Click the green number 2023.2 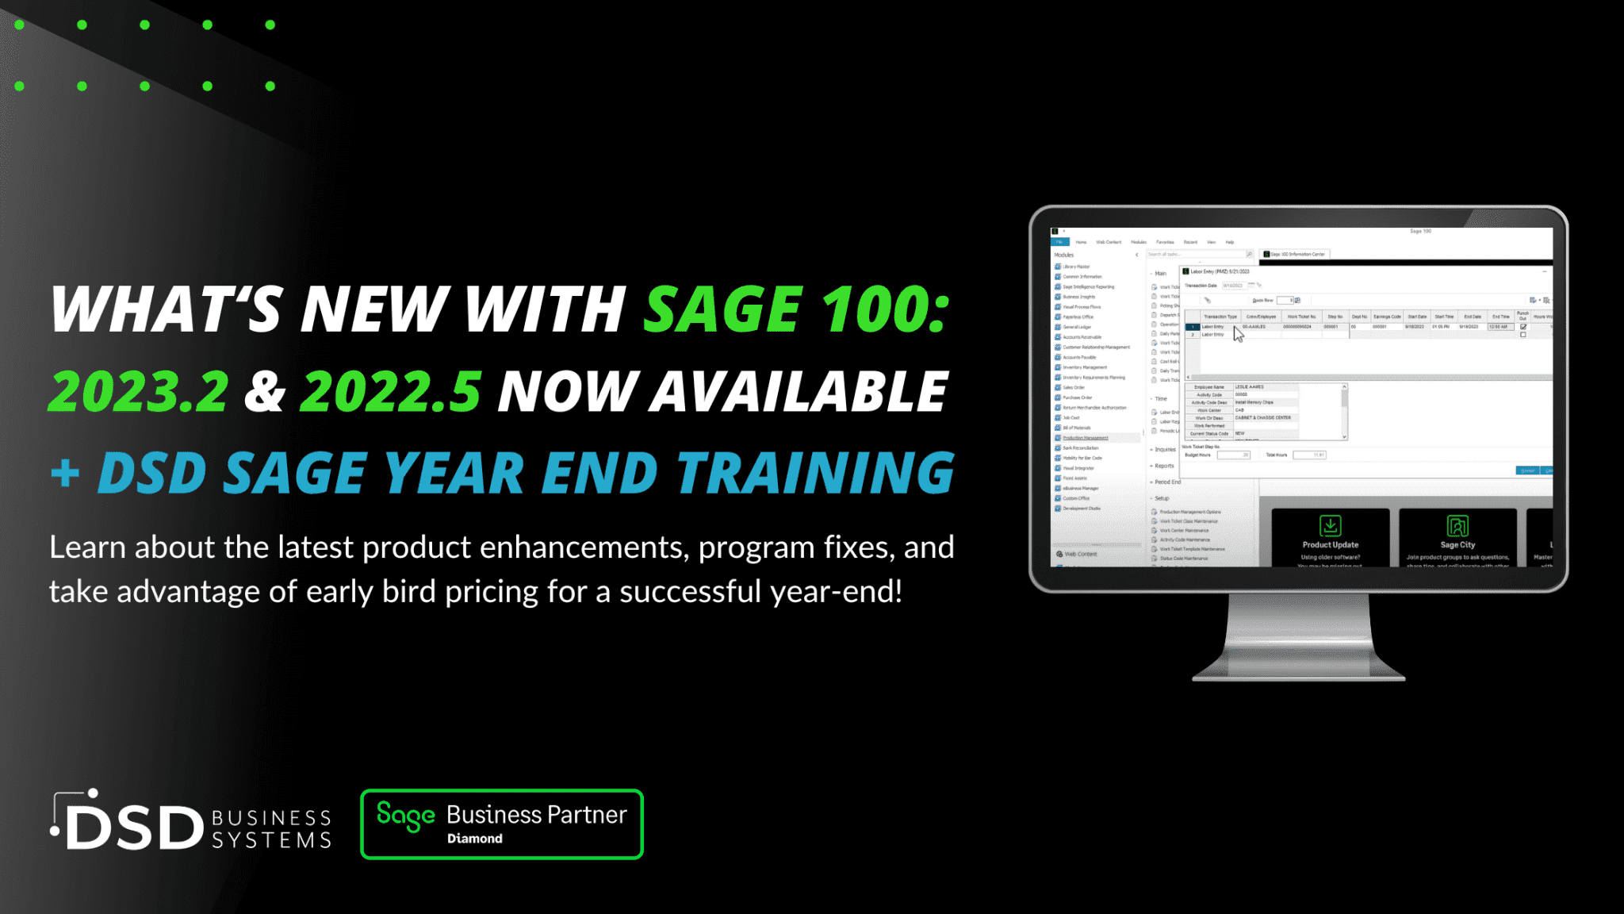click(139, 391)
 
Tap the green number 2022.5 click(391, 391)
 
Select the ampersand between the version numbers click(264, 391)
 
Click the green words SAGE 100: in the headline click(796, 309)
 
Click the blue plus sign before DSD click(65, 474)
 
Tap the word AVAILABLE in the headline click(799, 391)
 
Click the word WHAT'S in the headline click(166, 309)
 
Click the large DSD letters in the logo click(135, 828)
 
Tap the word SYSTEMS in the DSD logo click(271, 840)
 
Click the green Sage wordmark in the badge click(405, 816)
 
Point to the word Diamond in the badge click(474, 839)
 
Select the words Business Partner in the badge click(537, 815)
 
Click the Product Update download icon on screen click(1330, 525)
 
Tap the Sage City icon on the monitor click(1457, 525)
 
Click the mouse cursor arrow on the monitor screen click(1239, 334)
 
